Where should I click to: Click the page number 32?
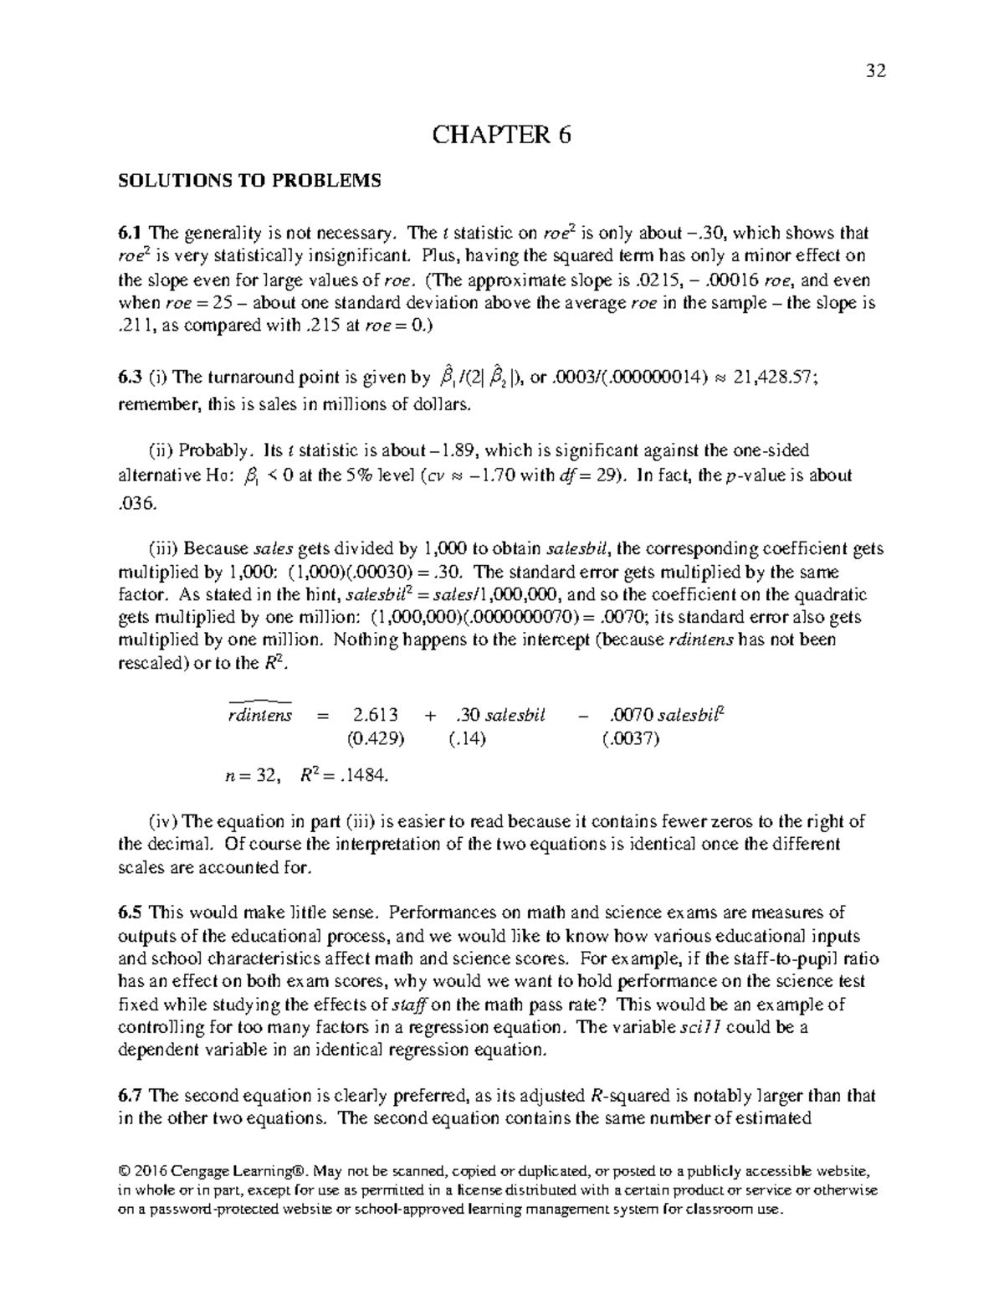point(876,70)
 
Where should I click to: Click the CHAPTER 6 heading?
point(501,135)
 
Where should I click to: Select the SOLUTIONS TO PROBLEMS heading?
point(249,181)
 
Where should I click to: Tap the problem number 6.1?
point(131,233)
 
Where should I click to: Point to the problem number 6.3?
point(131,378)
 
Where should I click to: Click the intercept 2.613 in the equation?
point(376,716)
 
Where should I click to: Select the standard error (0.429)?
point(376,738)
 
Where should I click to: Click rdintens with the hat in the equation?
point(259,716)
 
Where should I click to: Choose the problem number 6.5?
point(131,912)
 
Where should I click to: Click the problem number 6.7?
point(131,1096)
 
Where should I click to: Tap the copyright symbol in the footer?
point(124,1170)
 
